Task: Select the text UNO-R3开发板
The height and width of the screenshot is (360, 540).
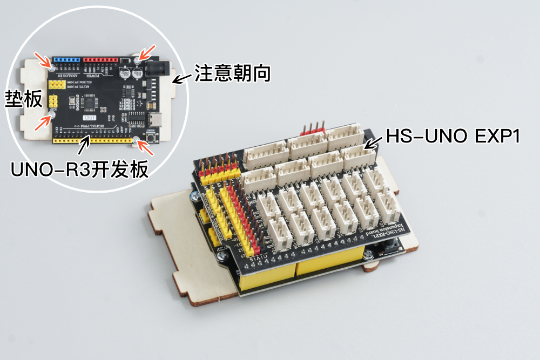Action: (x=79, y=169)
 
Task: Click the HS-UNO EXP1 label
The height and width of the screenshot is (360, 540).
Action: (x=453, y=136)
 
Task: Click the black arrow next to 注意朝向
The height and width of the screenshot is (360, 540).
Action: (x=183, y=79)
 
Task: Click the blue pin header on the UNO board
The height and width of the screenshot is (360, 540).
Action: (x=67, y=59)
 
